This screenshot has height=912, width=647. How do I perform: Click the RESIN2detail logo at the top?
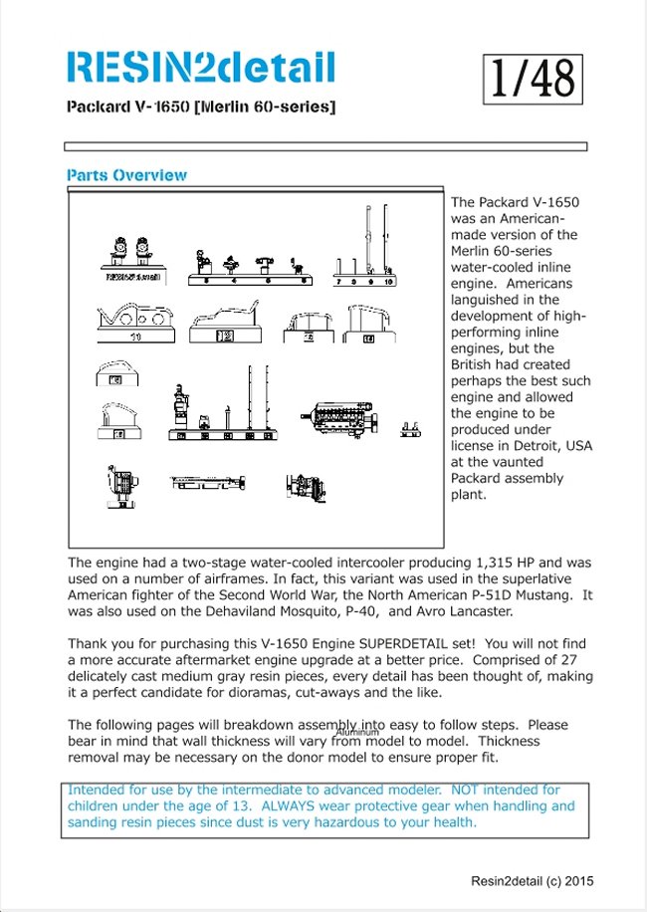200,68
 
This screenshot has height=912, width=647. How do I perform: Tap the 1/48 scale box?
533,79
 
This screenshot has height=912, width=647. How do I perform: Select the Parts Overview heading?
126,175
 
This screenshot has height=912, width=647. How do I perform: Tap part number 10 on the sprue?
389,282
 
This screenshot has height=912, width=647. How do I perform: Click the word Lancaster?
478,611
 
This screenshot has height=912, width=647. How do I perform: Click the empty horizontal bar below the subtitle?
325,146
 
